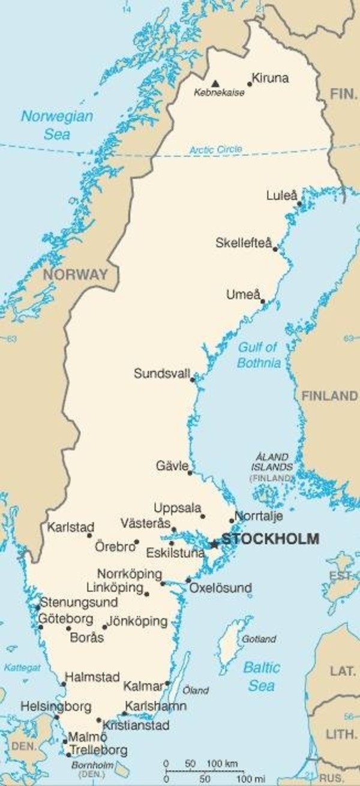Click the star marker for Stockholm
[x=214, y=544]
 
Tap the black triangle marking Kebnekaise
[x=215, y=83]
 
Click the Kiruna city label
[x=270, y=78]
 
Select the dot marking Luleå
[x=299, y=203]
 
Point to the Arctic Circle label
[x=216, y=149]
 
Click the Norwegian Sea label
[x=57, y=125]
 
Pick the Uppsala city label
[x=178, y=508]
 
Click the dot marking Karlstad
[x=90, y=535]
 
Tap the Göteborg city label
[x=65, y=619]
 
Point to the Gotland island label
[x=259, y=640]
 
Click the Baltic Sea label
[x=262, y=676]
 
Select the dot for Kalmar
[x=168, y=683]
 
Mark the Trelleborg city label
[x=98, y=750]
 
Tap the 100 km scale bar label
[x=223, y=763]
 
